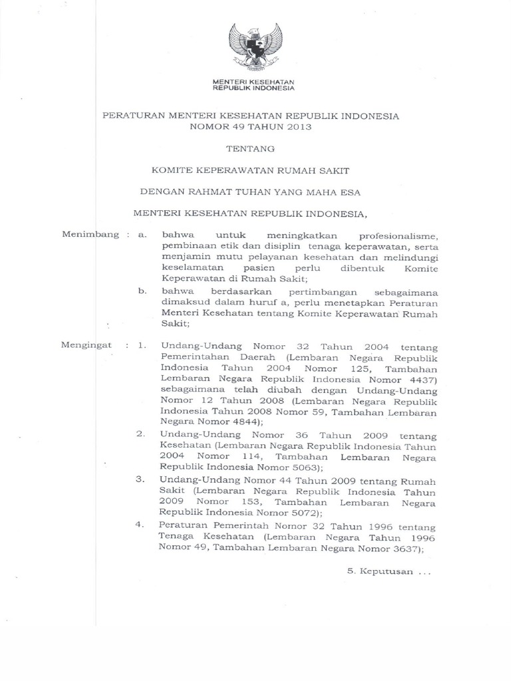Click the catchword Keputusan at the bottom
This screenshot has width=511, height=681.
(383, 571)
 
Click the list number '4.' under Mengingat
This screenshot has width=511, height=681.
(140, 525)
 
